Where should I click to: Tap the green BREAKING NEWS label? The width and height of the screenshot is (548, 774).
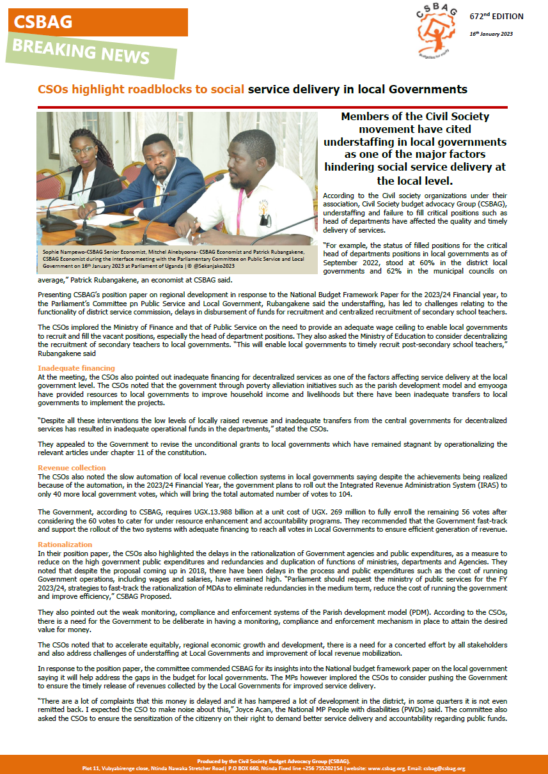[90, 51]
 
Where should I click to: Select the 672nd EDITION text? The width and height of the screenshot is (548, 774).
[496, 17]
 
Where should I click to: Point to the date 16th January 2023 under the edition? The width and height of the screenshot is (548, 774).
[491, 34]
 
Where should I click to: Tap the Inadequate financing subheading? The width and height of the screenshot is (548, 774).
[76, 368]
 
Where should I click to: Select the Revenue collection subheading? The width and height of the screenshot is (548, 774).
[72, 468]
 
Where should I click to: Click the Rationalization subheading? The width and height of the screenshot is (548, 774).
[65, 545]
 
